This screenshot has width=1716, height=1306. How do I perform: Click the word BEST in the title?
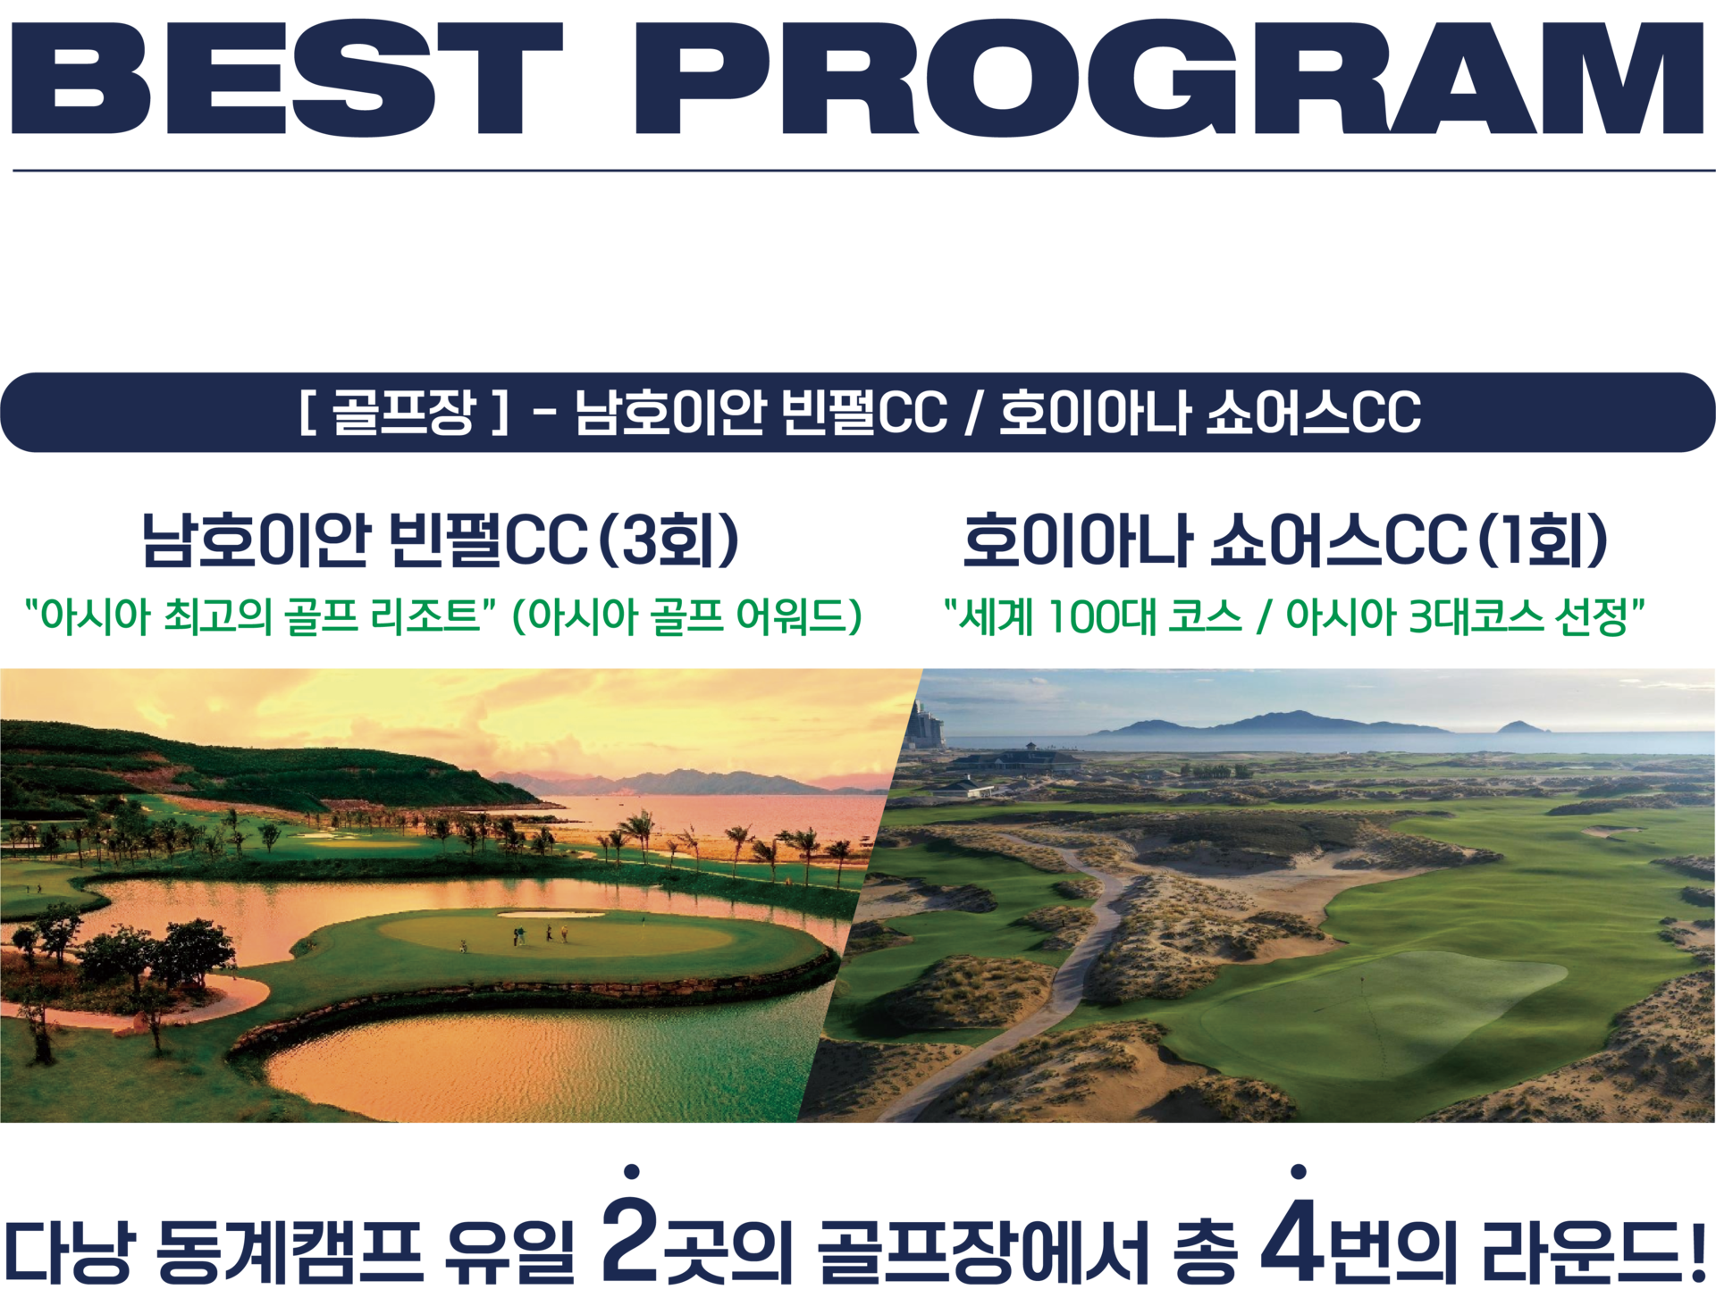pos(287,79)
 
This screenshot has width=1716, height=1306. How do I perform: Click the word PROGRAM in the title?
pos(1169,79)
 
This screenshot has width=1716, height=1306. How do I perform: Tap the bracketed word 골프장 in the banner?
pos(403,413)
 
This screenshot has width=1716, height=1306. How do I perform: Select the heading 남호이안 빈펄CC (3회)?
pos(441,540)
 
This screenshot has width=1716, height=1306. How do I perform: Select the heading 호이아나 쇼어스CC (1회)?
pos(1285,540)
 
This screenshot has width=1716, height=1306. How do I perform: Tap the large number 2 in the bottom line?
pos(630,1237)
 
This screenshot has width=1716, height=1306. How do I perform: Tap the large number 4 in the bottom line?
pos(1295,1238)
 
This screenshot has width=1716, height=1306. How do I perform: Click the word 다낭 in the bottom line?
pos(71,1251)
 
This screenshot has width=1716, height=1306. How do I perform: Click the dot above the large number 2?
pos(632,1171)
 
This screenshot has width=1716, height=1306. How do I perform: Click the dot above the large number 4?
pos(1299,1171)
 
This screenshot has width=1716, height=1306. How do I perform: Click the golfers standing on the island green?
pos(540,934)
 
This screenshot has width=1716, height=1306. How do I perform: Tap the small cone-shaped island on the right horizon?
pos(1521,726)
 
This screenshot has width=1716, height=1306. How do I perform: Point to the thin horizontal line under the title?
pos(863,170)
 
